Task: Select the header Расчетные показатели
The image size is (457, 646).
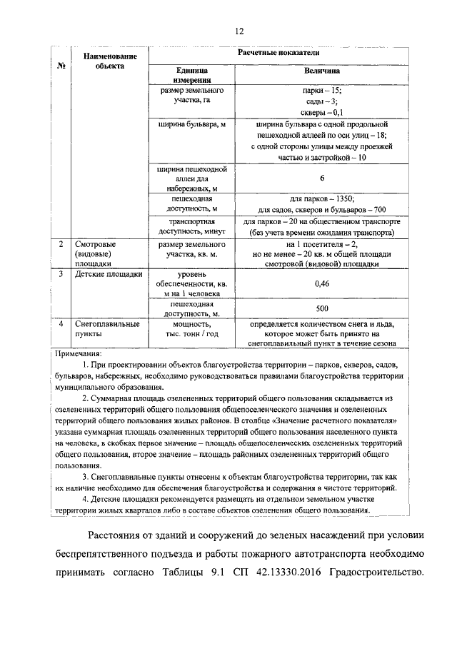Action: (x=278, y=54)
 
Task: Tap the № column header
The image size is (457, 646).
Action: (x=61, y=66)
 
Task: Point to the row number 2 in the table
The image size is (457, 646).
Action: (x=61, y=244)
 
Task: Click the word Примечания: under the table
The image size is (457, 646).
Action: (x=79, y=353)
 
